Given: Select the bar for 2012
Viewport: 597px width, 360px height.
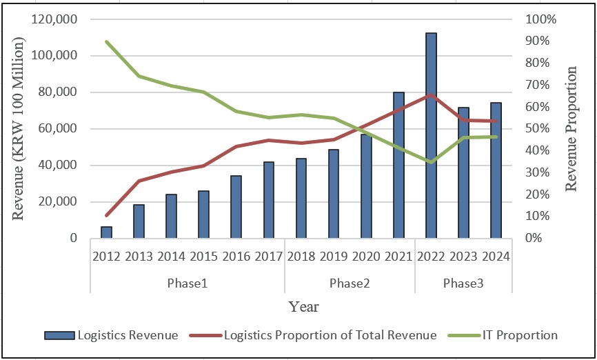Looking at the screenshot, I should point(106,232).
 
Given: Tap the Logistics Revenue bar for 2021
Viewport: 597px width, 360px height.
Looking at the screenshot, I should point(398,166).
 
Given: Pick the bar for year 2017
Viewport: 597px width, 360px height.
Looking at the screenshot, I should point(269,200).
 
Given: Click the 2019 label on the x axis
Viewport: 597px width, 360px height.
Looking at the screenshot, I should point(334,257).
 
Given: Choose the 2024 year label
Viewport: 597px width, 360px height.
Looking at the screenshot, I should point(496,257).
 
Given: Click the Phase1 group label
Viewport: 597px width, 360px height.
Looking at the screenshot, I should point(187,283).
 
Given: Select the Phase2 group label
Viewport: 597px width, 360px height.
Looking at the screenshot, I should point(350,283).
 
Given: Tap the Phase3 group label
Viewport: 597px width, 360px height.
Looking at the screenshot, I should point(463,283).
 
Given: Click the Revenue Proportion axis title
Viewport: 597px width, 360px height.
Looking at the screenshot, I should point(571,128).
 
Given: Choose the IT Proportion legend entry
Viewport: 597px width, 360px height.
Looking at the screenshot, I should point(501,335).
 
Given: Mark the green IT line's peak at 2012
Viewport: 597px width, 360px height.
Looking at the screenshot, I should point(107,41).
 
